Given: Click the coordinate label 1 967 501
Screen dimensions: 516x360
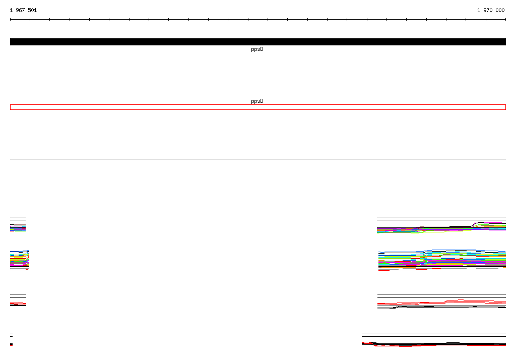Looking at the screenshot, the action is coord(23,10).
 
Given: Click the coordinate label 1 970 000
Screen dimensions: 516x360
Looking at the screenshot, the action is coord(491,10).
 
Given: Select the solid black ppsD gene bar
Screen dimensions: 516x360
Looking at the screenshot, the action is coord(258,42).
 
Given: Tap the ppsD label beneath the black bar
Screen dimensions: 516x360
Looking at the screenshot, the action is coord(257,49).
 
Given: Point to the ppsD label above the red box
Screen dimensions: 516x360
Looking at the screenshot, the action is coord(257,101).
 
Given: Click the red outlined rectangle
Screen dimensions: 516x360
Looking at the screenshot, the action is coord(258,105).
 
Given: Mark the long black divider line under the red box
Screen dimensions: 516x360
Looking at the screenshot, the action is coord(258,159).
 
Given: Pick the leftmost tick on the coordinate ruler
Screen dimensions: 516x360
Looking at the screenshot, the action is coord(10,20).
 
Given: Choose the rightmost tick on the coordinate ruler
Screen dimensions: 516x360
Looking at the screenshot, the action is coord(505,20).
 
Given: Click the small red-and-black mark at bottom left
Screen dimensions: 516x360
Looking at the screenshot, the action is coord(11,344).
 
